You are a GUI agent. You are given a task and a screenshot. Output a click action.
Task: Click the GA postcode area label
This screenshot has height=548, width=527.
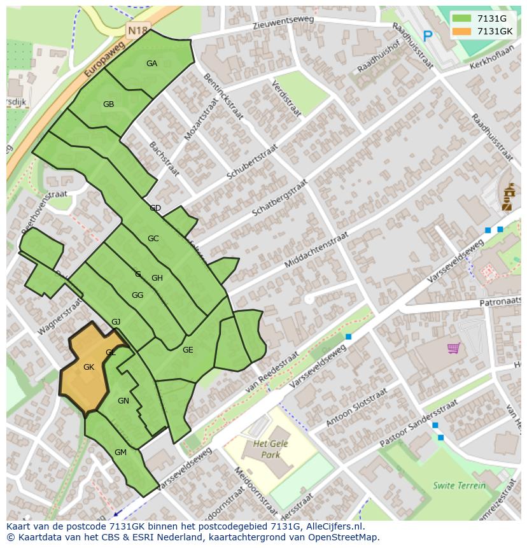[151, 63]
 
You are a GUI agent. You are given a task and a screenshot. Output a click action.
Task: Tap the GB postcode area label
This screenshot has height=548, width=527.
[108, 104]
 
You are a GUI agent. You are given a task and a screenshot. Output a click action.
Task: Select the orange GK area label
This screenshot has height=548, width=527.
[88, 367]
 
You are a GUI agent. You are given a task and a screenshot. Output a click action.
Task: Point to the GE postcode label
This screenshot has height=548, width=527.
[188, 350]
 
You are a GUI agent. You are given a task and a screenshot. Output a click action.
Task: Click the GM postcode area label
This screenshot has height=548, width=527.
[120, 453]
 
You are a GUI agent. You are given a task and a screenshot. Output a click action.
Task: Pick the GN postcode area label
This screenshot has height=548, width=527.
[123, 401]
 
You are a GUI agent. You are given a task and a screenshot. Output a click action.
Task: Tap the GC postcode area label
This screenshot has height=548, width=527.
[153, 239]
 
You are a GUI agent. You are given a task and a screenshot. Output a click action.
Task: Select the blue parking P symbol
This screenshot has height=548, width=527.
[428, 37]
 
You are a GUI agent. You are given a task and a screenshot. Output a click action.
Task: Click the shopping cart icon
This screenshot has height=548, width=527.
[453, 348]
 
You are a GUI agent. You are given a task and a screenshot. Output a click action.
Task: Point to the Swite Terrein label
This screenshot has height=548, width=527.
[459, 485]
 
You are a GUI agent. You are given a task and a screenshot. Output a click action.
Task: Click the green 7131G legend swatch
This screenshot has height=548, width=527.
[461, 18]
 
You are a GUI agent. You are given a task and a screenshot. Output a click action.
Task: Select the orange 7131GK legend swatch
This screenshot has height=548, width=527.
[461, 31]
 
